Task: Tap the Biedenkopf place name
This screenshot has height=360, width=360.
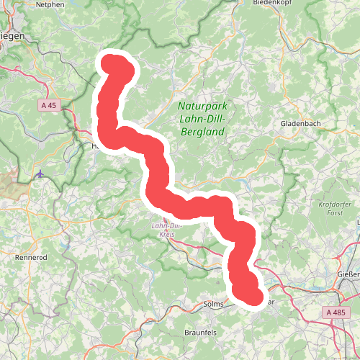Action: tap(271, 3)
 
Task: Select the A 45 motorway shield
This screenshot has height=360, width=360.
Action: tap(48, 105)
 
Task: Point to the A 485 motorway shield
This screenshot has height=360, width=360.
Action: tap(336, 312)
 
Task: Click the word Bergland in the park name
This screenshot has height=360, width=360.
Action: tap(201, 132)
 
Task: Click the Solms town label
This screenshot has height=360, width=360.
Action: tap(215, 304)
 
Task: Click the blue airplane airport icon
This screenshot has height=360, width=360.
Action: tap(41, 174)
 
